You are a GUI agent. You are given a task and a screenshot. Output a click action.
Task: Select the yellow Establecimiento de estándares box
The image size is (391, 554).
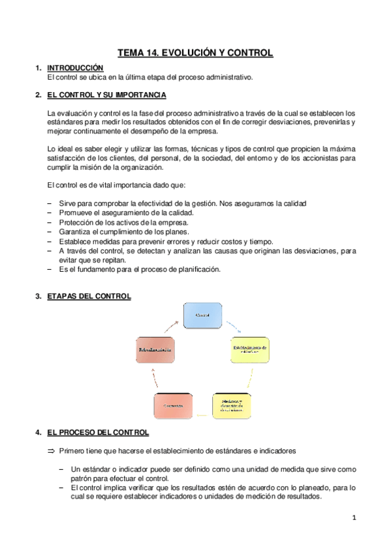coord(250,350)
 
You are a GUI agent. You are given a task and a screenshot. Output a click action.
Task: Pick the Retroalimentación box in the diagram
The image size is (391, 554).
coord(155,351)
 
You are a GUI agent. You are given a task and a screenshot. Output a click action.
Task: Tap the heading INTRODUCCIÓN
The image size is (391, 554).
coord(76,67)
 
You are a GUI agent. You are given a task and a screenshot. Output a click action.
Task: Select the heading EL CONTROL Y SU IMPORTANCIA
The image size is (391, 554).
coord(107,96)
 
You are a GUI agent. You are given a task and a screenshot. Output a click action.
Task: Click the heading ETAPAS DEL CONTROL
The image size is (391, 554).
coord(89,296)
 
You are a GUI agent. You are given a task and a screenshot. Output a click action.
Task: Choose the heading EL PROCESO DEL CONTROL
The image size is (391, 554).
coord(98,432)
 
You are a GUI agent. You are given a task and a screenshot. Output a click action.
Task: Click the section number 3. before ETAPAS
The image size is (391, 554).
coord(39,296)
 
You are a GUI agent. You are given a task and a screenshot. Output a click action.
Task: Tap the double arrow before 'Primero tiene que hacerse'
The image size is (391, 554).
coord(52,450)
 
